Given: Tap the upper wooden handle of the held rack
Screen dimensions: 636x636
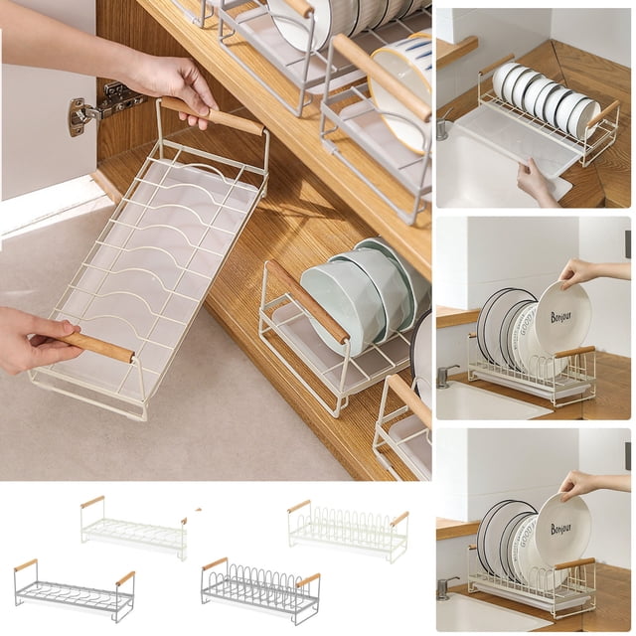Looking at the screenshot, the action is tap(213, 115).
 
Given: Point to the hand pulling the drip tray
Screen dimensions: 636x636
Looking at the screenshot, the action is tap(538, 182).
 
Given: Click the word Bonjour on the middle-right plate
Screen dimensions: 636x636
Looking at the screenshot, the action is tap(561, 316).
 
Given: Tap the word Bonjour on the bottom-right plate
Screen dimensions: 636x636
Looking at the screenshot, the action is tap(561, 528).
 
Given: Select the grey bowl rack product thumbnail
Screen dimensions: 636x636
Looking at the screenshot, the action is tap(75, 591).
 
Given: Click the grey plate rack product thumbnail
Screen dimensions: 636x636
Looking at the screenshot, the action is tap(260, 590).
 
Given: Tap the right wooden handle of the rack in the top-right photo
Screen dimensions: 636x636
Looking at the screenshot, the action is tap(604, 112).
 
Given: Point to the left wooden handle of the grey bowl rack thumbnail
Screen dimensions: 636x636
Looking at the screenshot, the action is tap(26, 564).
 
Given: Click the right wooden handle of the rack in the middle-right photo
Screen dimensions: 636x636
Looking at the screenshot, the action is tap(574, 351).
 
